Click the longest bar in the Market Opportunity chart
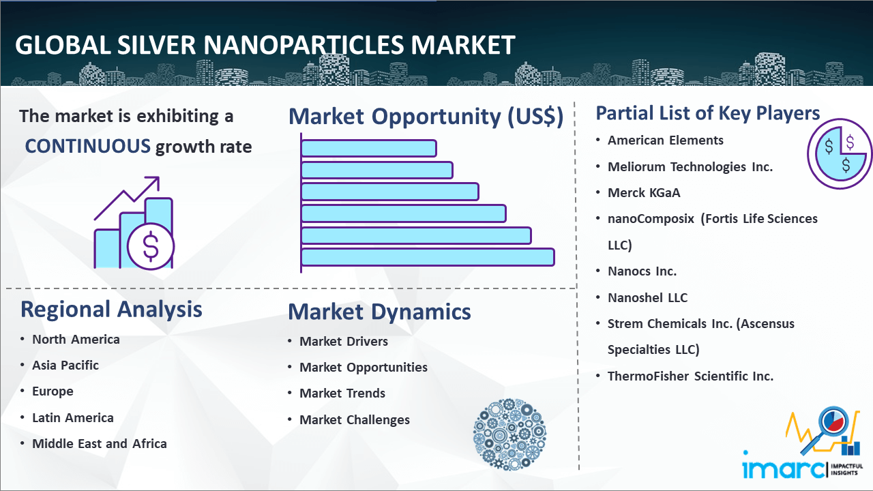tap(428, 257)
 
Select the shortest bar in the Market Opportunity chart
tap(368, 148)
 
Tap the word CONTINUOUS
tap(88, 146)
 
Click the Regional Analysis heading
tap(111, 309)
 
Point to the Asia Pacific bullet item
tap(65, 366)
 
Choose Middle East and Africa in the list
tap(100, 444)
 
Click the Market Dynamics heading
tap(379, 312)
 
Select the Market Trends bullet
tap(342, 393)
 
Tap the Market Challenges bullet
tap(355, 420)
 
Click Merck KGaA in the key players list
tap(644, 193)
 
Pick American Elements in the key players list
tap(666, 140)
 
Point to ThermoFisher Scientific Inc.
tap(690, 376)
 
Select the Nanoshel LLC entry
tap(647, 297)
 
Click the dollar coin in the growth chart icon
tap(151, 246)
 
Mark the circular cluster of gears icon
tap(509, 434)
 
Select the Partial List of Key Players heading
tap(708, 113)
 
